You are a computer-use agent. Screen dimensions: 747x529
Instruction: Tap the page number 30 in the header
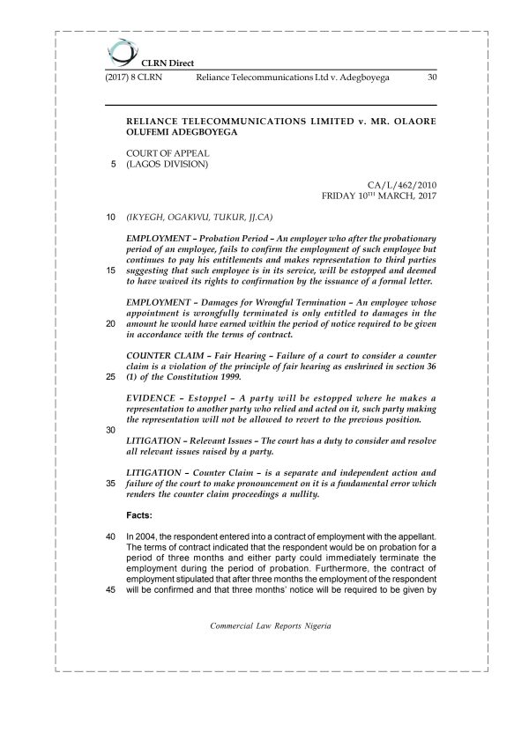pyautogui.click(x=431, y=78)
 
